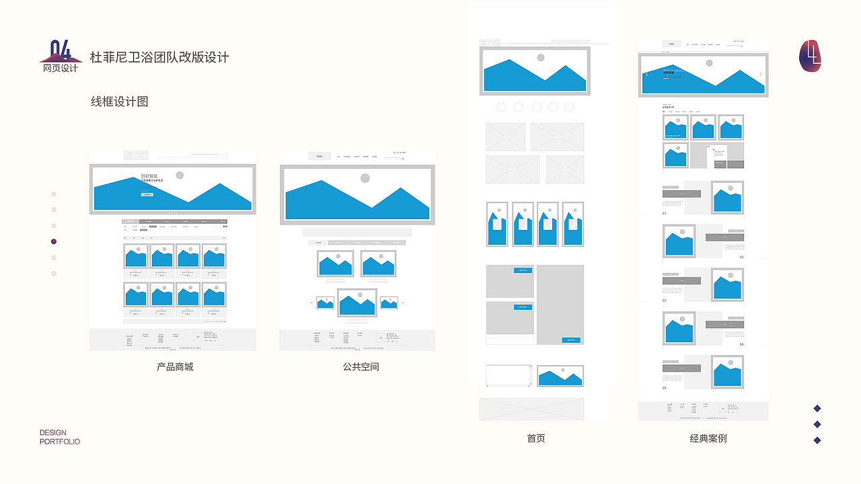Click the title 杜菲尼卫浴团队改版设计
pos(159,57)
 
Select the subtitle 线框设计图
pos(120,102)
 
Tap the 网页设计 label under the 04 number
pos(61,68)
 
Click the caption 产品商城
pos(175,366)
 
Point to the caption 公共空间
pos(361,366)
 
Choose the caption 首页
pos(536,438)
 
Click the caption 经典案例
pos(708,438)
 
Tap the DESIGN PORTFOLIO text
pos(60,437)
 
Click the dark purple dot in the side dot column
pos(54,241)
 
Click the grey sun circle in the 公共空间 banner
pos(365,178)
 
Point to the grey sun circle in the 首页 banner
pos(540,58)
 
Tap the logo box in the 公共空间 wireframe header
pos(320,156)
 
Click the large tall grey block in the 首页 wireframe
pos(560,304)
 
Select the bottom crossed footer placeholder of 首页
pos(531,409)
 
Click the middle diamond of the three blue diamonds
pos(817,424)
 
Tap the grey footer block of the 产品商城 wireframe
pos(172,339)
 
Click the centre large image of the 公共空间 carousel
pos(357,302)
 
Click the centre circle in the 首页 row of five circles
pos(536,107)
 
